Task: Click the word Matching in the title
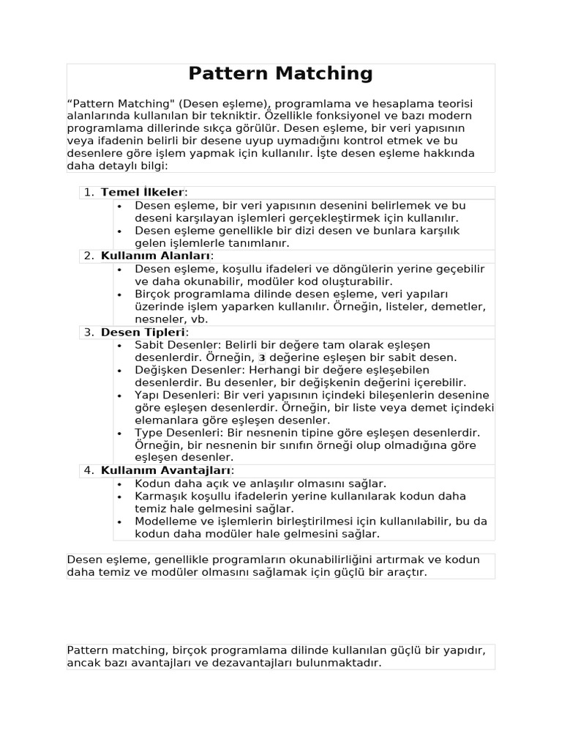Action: tap(323, 74)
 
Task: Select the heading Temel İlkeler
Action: tap(142, 192)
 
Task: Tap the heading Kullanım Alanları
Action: tap(155, 256)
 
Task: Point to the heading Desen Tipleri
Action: tap(143, 332)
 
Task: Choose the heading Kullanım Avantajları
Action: tap(165, 470)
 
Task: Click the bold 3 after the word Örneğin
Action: tap(262, 357)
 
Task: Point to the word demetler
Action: tap(462, 306)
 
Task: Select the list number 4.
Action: tap(88, 470)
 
